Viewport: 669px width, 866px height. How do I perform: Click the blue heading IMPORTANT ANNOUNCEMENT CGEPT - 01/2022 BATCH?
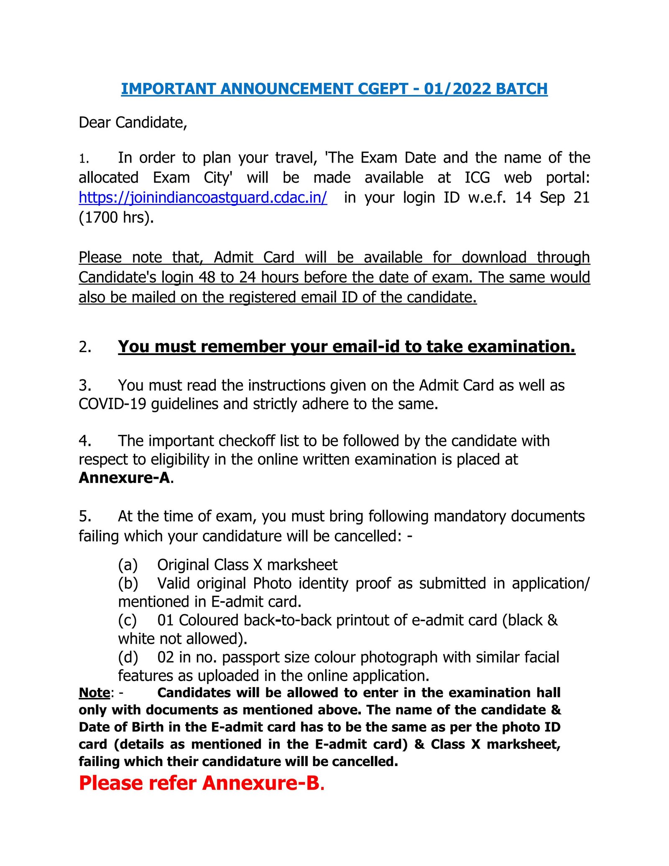(334, 89)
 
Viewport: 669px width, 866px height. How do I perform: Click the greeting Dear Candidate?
(133, 123)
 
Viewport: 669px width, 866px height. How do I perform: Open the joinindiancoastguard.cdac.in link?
(203, 197)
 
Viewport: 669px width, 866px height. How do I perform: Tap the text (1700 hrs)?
(116, 217)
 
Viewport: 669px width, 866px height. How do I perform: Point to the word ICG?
(477, 178)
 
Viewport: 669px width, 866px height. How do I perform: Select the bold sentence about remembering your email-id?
(346, 347)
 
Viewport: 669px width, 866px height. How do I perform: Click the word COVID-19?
(112, 404)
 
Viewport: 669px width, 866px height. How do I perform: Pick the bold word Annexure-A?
(125, 478)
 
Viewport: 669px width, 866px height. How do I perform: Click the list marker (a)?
(128, 565)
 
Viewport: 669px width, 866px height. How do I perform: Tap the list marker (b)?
(128, 583)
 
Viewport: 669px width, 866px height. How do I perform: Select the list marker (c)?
(128, 620)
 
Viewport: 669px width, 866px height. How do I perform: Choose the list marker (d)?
(128, 657)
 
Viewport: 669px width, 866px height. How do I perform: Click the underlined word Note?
(94, 693)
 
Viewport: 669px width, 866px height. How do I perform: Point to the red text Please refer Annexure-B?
(202, 783)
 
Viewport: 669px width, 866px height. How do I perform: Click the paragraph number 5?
(85, 516)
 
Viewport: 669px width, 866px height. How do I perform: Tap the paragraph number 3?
(85, 385)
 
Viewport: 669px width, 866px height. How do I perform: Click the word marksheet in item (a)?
(302, 565)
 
